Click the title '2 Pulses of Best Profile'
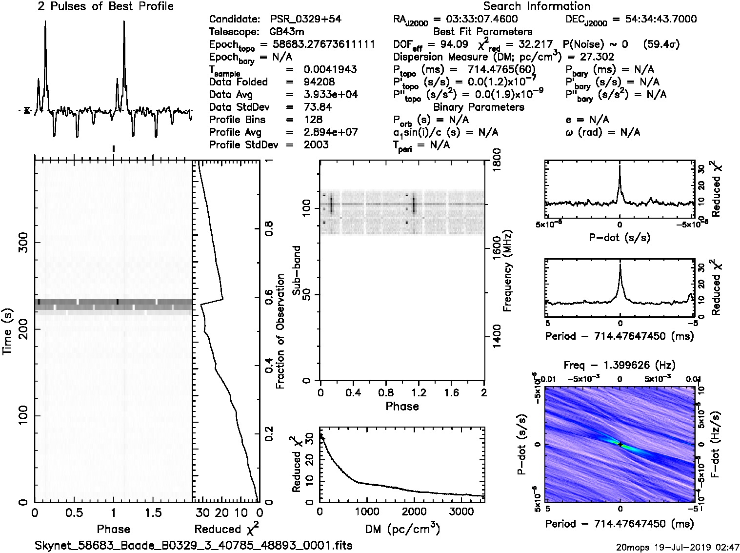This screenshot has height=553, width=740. [x=105, y=6]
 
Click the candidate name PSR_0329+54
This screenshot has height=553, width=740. [x=305, y=19]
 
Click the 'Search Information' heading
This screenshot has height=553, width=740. [x=536, y=6]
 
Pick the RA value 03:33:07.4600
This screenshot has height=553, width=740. [x=476, y=19]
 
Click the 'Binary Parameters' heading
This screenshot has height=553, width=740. [x=479, y=107]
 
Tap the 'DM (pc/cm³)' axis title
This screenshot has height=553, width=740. [x=402, y=529]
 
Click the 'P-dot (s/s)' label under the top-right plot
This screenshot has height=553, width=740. [x=620, y=238]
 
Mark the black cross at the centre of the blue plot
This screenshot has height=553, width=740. [x=620, y=444]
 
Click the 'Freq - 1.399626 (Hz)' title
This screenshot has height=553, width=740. [x=620, y=365]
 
